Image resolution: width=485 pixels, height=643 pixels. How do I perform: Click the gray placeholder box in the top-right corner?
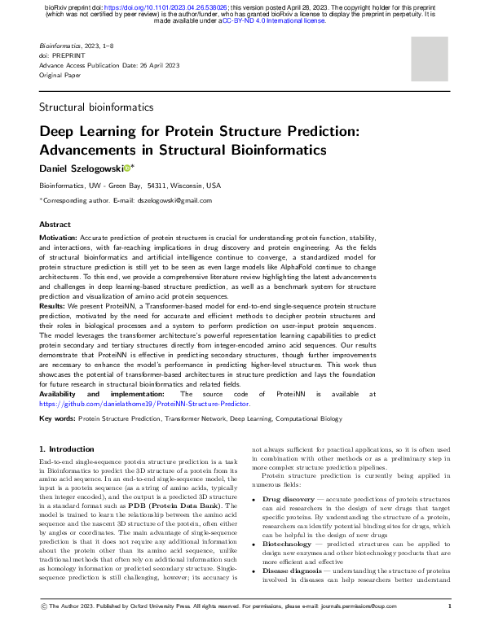(430, 58)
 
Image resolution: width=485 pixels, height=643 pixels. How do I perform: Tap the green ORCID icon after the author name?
(138, 168)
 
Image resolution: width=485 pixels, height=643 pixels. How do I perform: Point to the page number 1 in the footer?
(450, 628)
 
